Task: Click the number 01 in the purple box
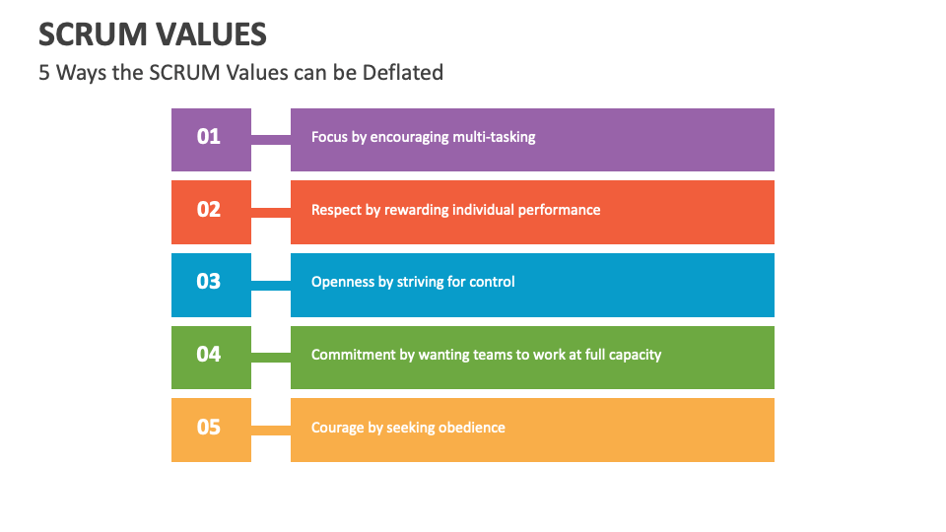[209, 137]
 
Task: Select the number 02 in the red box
[209, 209]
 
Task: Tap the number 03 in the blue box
[209, 282]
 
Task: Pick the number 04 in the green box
[209, 354]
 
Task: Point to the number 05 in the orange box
[209, 427]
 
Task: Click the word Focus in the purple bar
[330, 137]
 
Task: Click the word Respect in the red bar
[337, 210]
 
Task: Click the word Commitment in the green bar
[353, 355]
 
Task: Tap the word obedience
[470, 428]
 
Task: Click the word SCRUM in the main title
[93, 35]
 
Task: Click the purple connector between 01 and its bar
[271, 140]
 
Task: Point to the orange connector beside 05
[271, 430]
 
